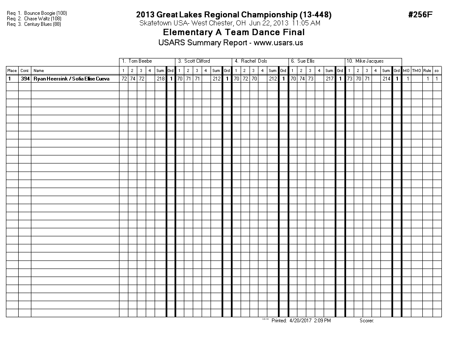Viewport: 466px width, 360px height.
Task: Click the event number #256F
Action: (420, 15)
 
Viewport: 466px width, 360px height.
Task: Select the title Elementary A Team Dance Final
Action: (233, 33)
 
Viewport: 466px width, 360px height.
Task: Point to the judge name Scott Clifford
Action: (197, 61)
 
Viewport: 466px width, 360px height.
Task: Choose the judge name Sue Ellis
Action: (306, 61)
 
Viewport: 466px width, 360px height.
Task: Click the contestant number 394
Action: (25, 79)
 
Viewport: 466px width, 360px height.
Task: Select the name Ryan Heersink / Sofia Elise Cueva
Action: (71, 79)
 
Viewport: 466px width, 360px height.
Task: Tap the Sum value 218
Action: (161, 79)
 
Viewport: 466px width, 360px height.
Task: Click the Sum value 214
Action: (386, 79)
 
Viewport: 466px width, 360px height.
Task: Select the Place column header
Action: (12, 71)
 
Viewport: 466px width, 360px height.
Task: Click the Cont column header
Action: (25, 71)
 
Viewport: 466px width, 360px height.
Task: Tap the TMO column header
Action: (416, 71)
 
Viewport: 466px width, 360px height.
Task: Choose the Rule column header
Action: (427, 71)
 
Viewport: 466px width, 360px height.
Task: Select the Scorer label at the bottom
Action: (366, 321)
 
